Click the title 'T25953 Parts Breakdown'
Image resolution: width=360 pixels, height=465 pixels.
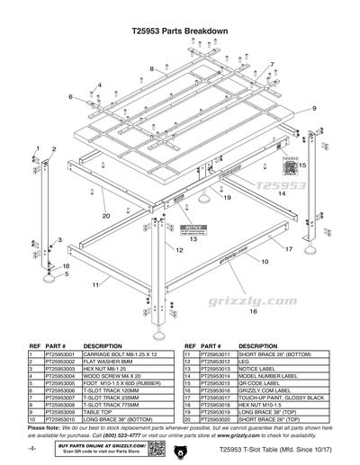click(x=179, y=31)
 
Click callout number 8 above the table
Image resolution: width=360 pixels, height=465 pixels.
click(x=153, y=68)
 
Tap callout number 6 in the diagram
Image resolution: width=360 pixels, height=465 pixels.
click(x=70, y=96)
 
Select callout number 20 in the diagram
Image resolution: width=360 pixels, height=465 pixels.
click(x=105, y=216)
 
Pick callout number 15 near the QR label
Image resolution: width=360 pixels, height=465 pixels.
click(x=301, y=165)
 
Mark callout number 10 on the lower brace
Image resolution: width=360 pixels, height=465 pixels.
click(x=265, y=262)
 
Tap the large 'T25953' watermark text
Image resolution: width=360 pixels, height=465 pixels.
click(x=283, y=187)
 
